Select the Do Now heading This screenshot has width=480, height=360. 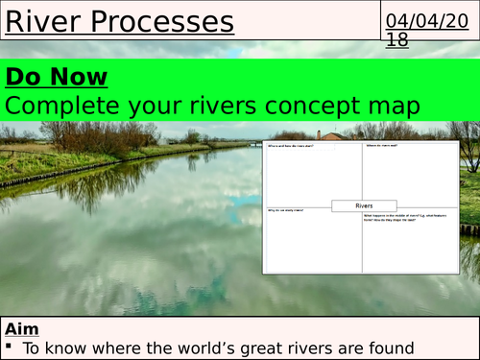point(57,77)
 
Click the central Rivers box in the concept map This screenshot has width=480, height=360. point(364,204)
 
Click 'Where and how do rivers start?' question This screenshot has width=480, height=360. point(293,146)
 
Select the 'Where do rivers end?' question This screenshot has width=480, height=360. point(383,146)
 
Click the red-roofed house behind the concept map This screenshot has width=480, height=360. point(334,135)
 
